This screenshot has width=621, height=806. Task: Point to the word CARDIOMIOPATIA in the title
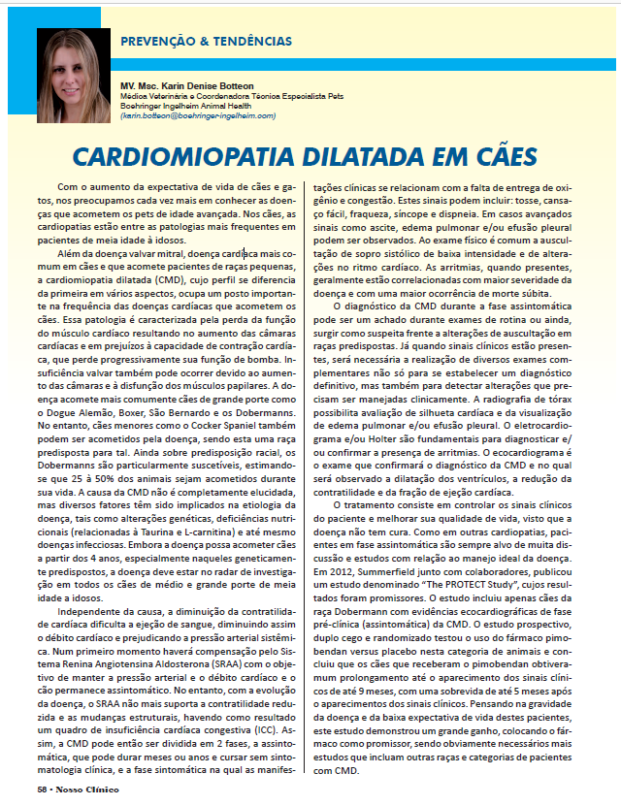tap(181, 155)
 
